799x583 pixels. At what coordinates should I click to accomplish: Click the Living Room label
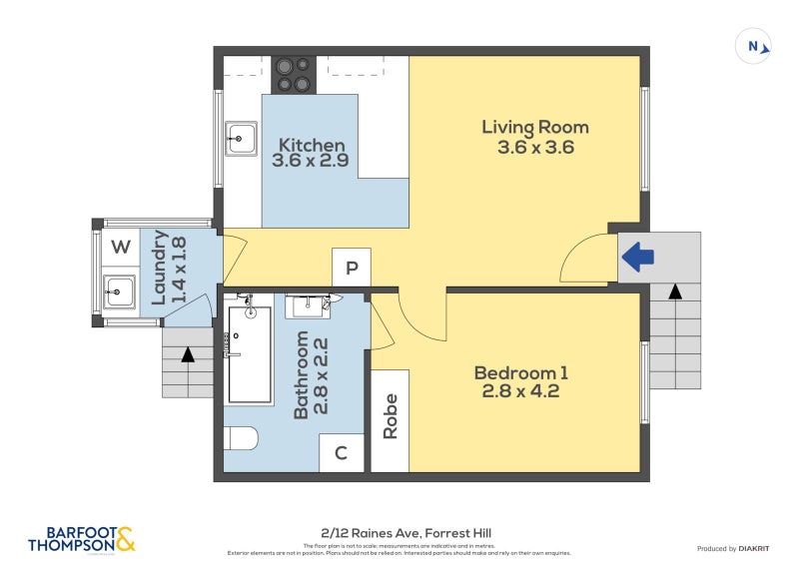[534, 128]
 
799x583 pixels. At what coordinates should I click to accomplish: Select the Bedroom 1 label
[520, 373]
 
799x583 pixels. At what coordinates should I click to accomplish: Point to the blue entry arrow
[637, 258]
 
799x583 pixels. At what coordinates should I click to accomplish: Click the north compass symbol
[754, 46]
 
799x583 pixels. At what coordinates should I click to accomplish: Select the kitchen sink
[241, 139]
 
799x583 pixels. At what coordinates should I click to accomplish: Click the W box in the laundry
[120, 247]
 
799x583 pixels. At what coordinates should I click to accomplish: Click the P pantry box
[352, 268]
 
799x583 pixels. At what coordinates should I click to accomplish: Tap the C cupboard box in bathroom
[341, 453]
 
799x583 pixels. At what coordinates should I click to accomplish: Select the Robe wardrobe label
[390, 416]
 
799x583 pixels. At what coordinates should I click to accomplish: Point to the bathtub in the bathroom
[250, 354]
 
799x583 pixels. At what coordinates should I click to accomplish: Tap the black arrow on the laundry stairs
[188, 354]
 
